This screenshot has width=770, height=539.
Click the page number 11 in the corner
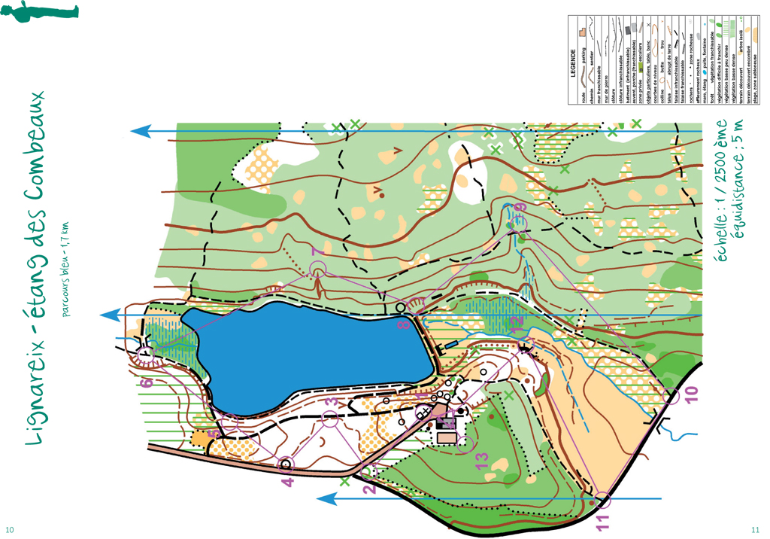tap(755, 528)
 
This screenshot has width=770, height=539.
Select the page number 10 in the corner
tap(11, 528)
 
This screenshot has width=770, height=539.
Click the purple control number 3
tap(330, 402)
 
